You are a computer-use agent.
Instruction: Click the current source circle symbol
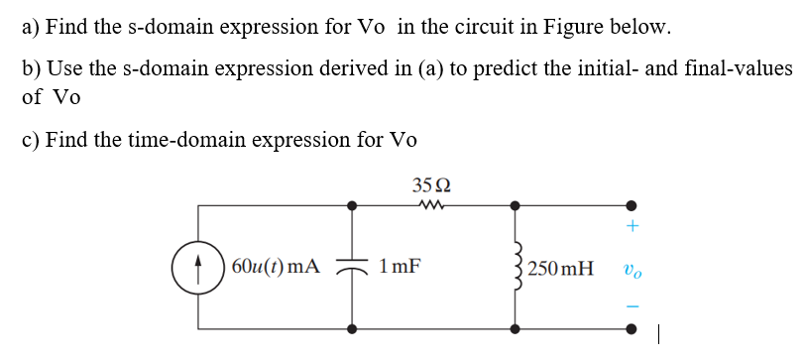point(198,266)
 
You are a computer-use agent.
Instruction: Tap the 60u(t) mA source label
point(276,266)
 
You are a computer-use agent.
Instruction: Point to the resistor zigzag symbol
point(432,206)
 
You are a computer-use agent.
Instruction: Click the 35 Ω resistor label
point(432,183)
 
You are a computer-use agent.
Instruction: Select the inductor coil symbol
point(515,266)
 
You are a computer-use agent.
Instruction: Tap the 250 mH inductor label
point(562,267)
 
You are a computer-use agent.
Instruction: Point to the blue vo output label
point(630,267)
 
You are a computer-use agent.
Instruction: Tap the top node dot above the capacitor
point(352,206)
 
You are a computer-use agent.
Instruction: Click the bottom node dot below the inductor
point(515,326)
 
